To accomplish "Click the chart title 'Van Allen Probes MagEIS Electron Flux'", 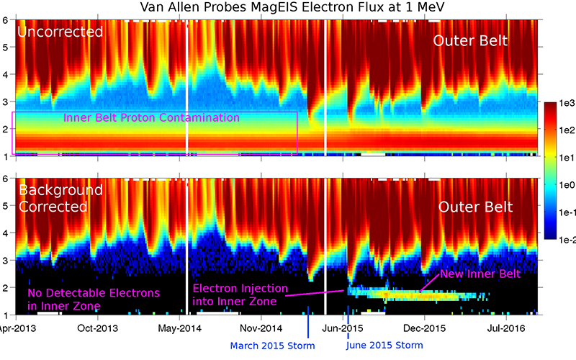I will (x=289, y=8).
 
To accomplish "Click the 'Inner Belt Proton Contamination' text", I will (x=151, y=117).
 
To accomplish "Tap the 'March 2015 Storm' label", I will (x=273, y=346).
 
